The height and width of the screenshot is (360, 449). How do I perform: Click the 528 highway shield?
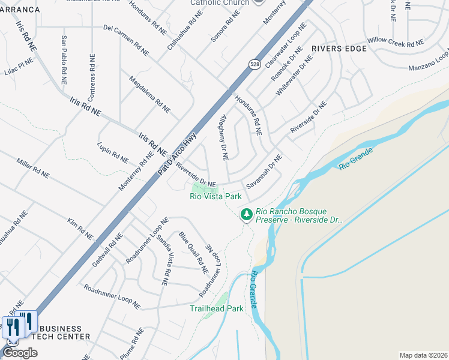(x=254, y=64)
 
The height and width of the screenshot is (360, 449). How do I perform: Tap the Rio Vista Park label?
(x=215, y=196)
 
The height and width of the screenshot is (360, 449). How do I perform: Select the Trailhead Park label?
(x=217, y=308)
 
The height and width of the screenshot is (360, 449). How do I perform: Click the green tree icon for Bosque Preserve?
(x=246, y=214)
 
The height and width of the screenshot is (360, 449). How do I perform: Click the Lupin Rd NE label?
(x=113, y=153)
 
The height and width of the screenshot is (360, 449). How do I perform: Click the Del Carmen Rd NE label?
(x=125, y=37)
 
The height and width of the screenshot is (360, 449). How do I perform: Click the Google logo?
(x=20, y=353)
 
